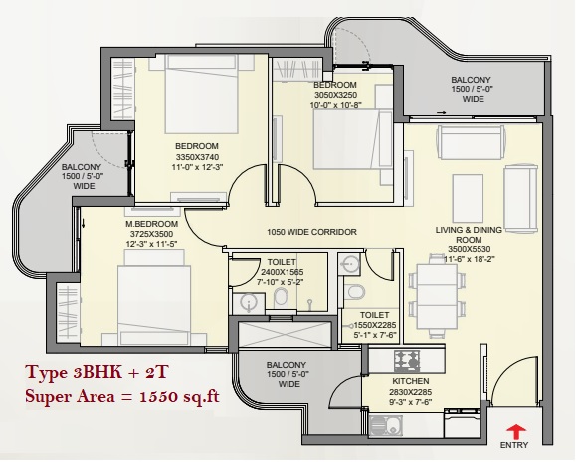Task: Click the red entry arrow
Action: pyautogui.click(x=515, y=432)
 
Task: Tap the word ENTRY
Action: pyautogui.click(x=514, y=445)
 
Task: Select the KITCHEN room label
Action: pyautogui.click(x=410, y=381)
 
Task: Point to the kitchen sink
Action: pyautogui.click(x=385, y=426)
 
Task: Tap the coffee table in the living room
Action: pyautogui.click(x=468, y=198)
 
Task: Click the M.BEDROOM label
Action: pyautogui.click(x=152, y=224)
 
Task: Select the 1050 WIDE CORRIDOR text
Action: pyautogui.click(x=311, y=232)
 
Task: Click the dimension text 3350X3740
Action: pyautogui.click(x=197, y=157)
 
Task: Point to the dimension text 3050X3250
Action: pyautogui.click(x=336, y=95)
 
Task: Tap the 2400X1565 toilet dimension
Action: pyautogui.click(x=282, y=272)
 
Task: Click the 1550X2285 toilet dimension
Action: pyautogui.click(x=375, y=326)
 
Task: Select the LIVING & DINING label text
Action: pyautogui.click(x=469, y=230)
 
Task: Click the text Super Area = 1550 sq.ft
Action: pyautogui.click(x=122, y=397)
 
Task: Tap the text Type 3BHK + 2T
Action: pyautogui.click(x=96, y=373)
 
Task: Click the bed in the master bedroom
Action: pyautogui.click(x=154, y=297)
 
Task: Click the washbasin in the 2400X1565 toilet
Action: pyautogui.click(x=249, y=303)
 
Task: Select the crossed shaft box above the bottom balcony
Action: pyautogui.click(x=285, y=334)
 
